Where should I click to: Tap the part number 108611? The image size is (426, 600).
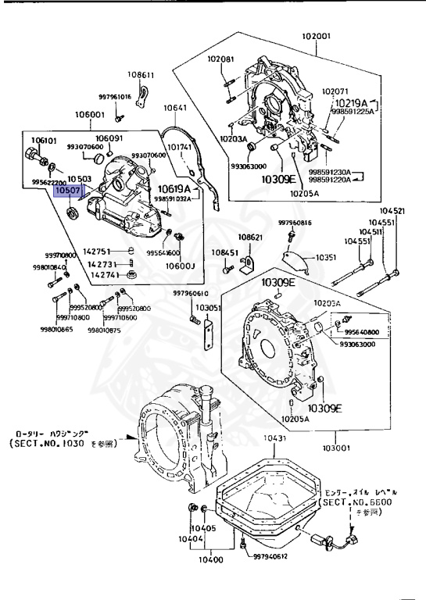coord(141,75)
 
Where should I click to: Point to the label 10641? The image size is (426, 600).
coord(175,108)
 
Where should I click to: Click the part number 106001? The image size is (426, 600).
coord(90,114)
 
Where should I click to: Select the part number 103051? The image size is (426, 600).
coord(209,308)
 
